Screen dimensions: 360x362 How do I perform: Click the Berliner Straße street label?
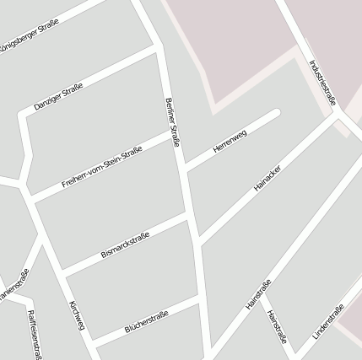coord(171,122)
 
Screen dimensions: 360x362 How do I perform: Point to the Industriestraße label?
coord(322,82)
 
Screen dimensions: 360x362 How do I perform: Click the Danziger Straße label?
coord(59,98)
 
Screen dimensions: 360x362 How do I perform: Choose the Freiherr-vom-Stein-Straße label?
coord(101,167)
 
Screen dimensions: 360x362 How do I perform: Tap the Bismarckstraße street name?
coord(125,246)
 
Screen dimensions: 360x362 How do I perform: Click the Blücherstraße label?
coord(146,321)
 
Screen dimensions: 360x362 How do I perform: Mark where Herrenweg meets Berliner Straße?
coord(184,166)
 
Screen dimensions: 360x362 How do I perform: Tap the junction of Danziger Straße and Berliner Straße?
coord(158,47)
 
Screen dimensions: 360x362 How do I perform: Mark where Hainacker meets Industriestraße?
coord(338,115)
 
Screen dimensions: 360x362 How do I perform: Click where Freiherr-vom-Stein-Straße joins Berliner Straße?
coord(174,132)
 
